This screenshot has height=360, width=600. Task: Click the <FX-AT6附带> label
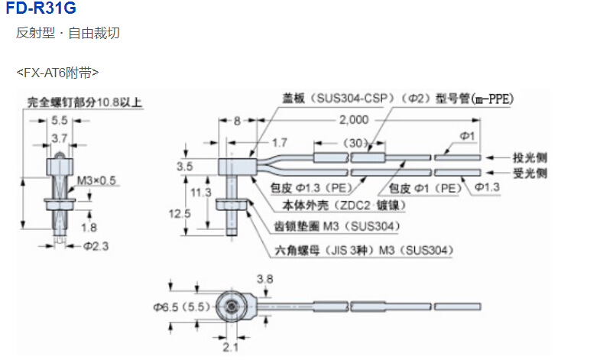point(57,73)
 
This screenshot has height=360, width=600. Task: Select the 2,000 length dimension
point(352,120)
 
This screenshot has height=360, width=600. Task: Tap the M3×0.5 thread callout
point(95,181)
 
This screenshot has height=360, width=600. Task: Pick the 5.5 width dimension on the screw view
point(60,121)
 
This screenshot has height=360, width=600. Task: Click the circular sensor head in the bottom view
point(230,306)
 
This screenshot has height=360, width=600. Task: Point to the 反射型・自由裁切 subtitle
point(67,34)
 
